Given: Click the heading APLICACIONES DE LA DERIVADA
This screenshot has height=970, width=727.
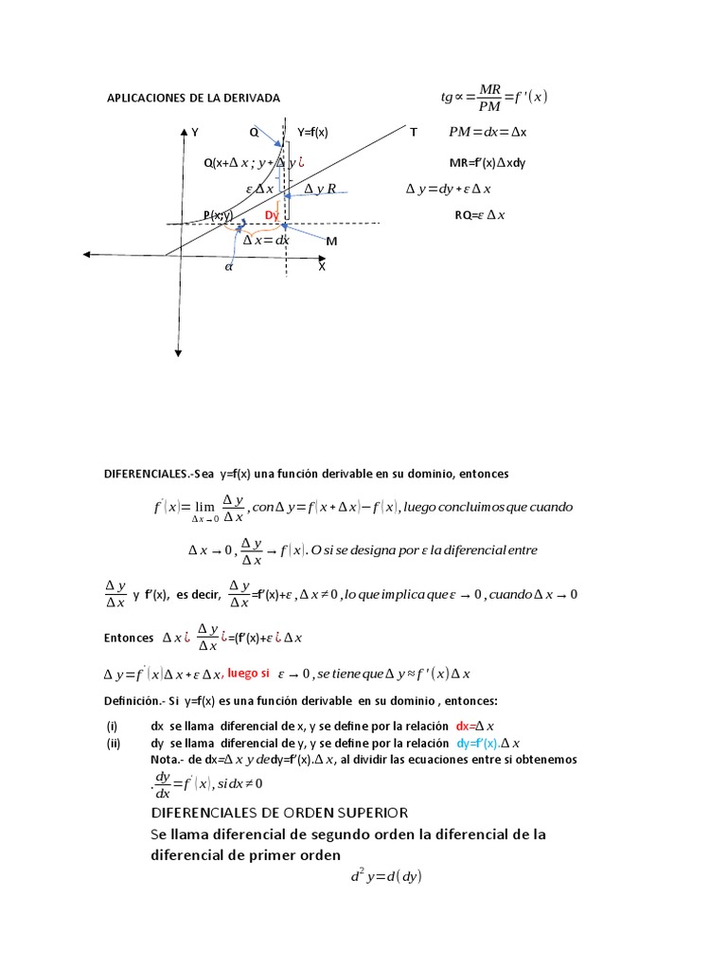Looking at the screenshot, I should coord(193,99).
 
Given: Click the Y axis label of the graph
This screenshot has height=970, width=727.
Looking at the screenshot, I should coord(195,133).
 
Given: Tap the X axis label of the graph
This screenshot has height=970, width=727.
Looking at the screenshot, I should coord(321,267).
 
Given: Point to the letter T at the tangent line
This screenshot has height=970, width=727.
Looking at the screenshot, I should coord(413,133).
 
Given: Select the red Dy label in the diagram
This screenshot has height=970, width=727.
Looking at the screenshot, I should coord(272,216).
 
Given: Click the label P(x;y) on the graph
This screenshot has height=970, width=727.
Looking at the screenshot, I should coord(217,215).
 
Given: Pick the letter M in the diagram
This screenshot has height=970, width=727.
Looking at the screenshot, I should coord(331,242).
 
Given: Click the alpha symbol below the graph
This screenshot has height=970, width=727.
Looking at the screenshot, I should coord(228,267).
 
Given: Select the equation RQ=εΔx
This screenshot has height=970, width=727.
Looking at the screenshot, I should coord(480,215).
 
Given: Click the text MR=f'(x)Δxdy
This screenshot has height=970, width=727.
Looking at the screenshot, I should coord(488,163).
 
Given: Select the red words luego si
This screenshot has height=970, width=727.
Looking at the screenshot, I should coord(248,674).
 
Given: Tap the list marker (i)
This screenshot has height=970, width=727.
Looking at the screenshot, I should coord(112,726).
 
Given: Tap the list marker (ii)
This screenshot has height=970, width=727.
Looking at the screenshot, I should coord(114,744).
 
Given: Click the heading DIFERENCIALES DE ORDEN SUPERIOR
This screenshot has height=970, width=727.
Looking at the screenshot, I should coord(279,813).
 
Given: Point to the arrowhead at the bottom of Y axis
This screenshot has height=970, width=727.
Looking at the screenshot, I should coord(177,353).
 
